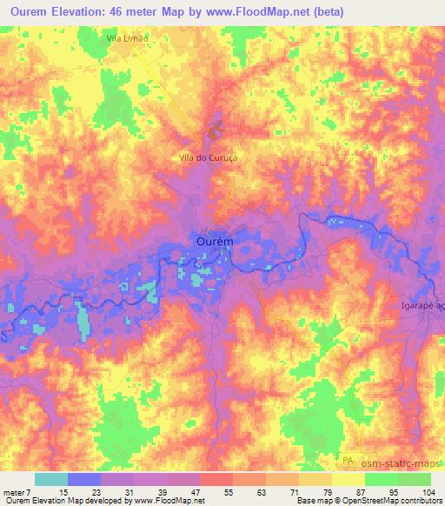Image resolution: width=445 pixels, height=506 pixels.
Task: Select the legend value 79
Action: [326, 491]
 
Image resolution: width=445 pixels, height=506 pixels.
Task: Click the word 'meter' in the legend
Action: [13, 491]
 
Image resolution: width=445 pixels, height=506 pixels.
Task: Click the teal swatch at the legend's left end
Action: [51, 479]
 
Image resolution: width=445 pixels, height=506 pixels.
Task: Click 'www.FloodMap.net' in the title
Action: [263, 12]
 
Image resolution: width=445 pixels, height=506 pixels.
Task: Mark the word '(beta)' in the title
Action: [329, 12]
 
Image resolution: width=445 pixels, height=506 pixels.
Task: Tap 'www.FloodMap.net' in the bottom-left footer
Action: [168, 501]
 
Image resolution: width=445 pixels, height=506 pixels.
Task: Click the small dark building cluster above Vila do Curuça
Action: [214, 134]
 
